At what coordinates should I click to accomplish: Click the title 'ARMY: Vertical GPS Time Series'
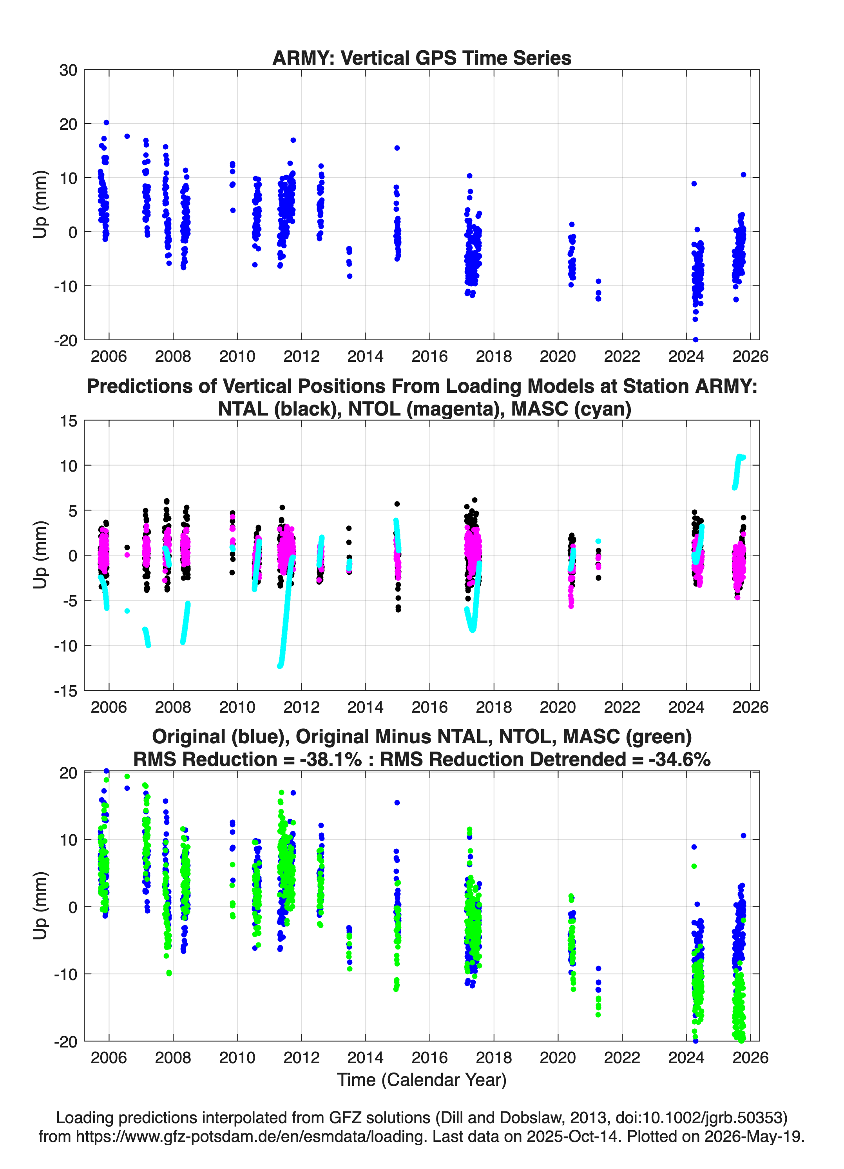[x=422, y=58]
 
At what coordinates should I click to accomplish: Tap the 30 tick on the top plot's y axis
[x=68, y=70]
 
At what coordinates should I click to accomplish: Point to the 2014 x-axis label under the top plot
[x=365, y=356]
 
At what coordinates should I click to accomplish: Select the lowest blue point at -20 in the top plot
[x=695, y=339]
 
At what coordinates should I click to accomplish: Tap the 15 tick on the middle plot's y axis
[x=69, y=421]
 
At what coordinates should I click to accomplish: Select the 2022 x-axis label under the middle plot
[x=622, y=707]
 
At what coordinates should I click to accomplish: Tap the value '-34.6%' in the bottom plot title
[x=680, y=759]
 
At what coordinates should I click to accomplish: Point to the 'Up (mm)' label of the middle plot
[x=40, y=555]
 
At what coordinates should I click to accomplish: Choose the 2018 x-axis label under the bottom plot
[x=494, y=1058]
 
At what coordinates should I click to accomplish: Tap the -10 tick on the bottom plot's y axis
[x=66, y=975]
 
